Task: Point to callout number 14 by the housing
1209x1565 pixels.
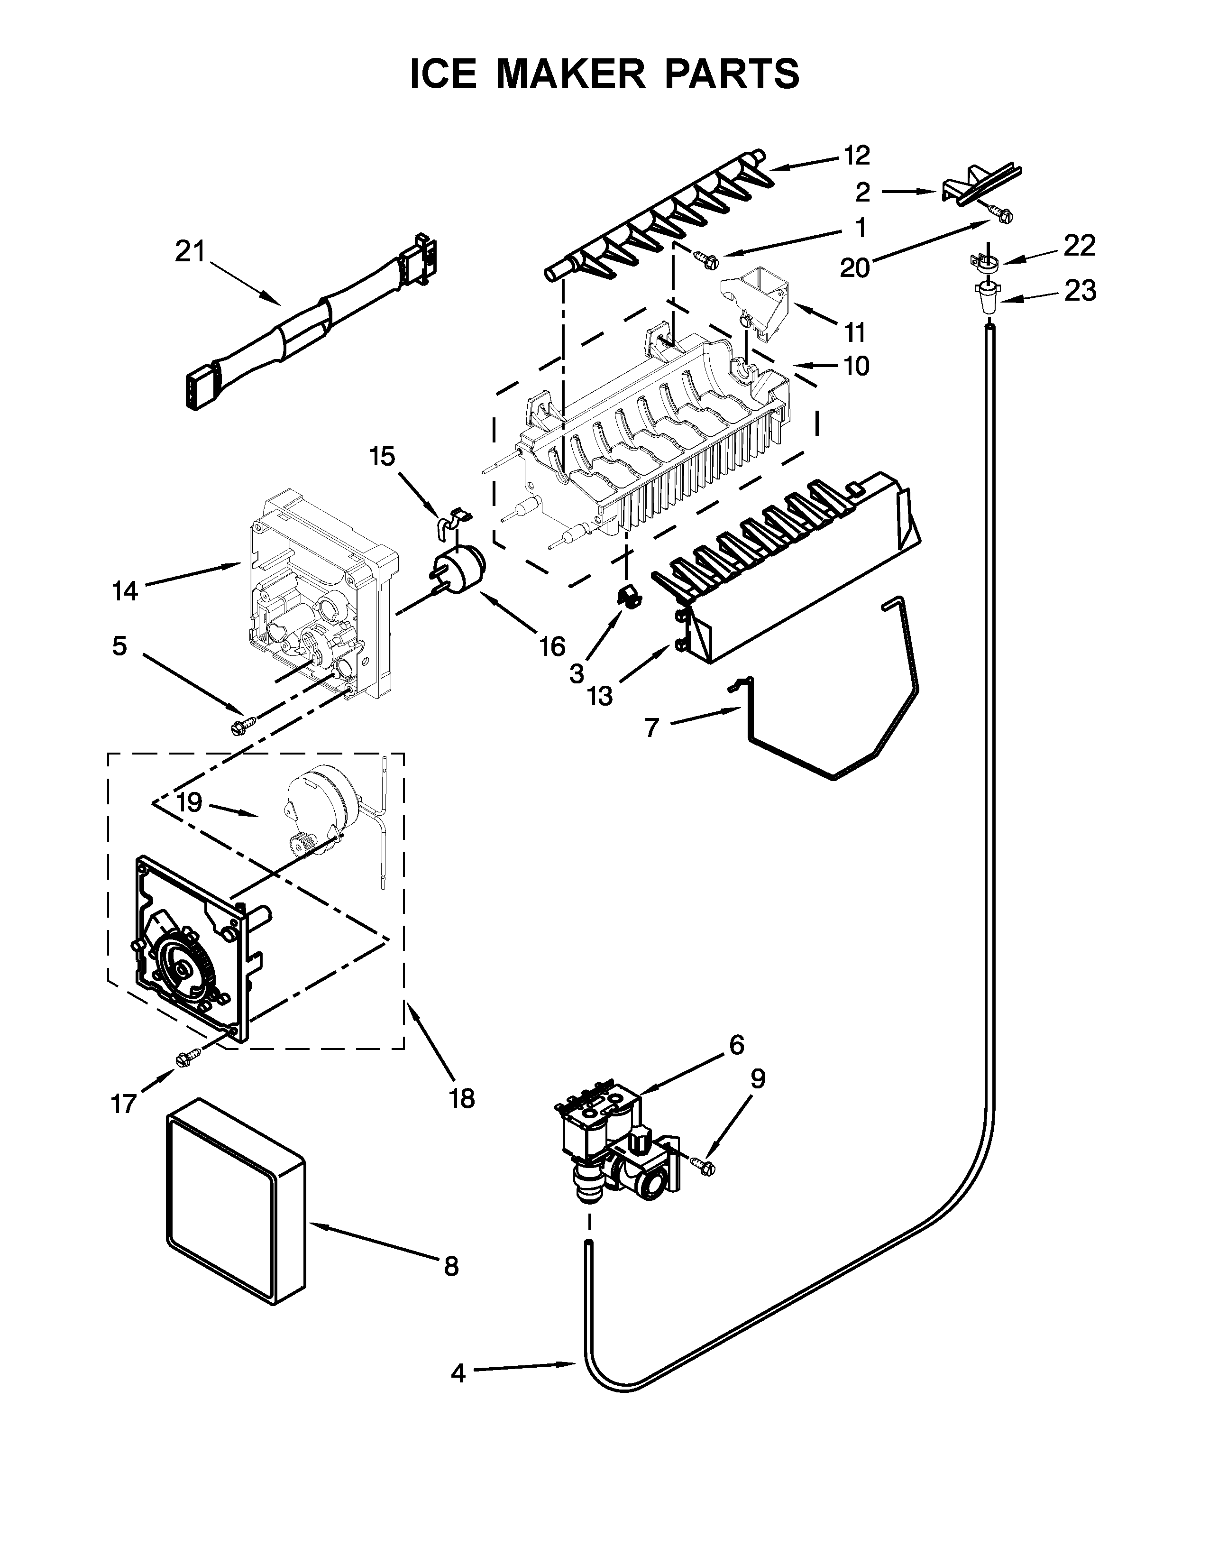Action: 125,591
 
